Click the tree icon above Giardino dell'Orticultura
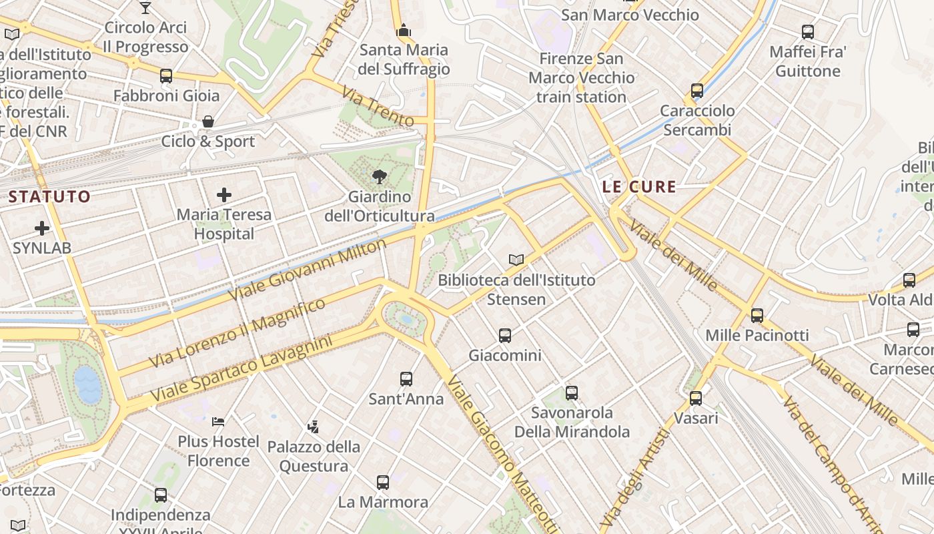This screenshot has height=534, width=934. (380, 177)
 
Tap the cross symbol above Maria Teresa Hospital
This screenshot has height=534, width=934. (224, 195)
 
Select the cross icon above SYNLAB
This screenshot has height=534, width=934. (42, 228)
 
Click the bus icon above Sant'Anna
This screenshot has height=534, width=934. (406, 379)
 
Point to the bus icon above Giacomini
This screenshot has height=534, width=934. (505, 335)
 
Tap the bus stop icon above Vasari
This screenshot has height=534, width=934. (696, 398)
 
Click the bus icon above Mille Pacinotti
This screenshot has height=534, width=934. (757, 315)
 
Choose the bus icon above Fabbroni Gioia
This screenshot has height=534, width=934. (166, 76)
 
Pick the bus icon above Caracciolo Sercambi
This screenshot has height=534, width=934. (697, 91)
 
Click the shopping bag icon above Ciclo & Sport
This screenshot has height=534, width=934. (208, 121)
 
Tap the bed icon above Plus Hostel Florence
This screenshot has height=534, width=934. (218, 421)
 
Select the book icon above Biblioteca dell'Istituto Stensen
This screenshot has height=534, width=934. (516, 260)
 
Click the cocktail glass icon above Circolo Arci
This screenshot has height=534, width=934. (145, 8)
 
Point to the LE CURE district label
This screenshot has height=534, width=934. (639, 187)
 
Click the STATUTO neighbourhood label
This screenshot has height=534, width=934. (49, 196)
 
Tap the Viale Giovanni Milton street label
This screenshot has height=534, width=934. (308, 270)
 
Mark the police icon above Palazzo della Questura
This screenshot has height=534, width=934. (313, 426)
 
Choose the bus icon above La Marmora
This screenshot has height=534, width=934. (383, 482)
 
